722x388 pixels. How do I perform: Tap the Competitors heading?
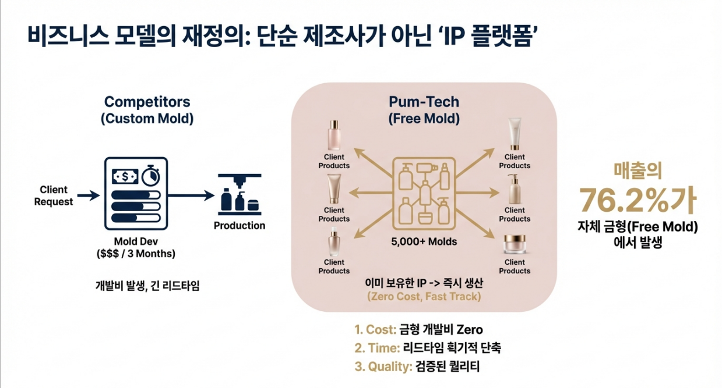[147, 102]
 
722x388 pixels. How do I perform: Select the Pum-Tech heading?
[424, 102]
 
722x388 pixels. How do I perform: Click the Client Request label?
[54, 195]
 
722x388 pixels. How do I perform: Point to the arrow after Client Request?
[88, 196]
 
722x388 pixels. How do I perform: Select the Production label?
[239, 225]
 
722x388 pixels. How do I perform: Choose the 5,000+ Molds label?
[424, 241]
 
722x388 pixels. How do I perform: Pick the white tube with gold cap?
[515, 134]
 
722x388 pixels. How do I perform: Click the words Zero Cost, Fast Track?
[424, 296]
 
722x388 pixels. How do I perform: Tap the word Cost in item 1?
[381, 330]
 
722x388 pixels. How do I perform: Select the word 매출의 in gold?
[638, 170]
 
